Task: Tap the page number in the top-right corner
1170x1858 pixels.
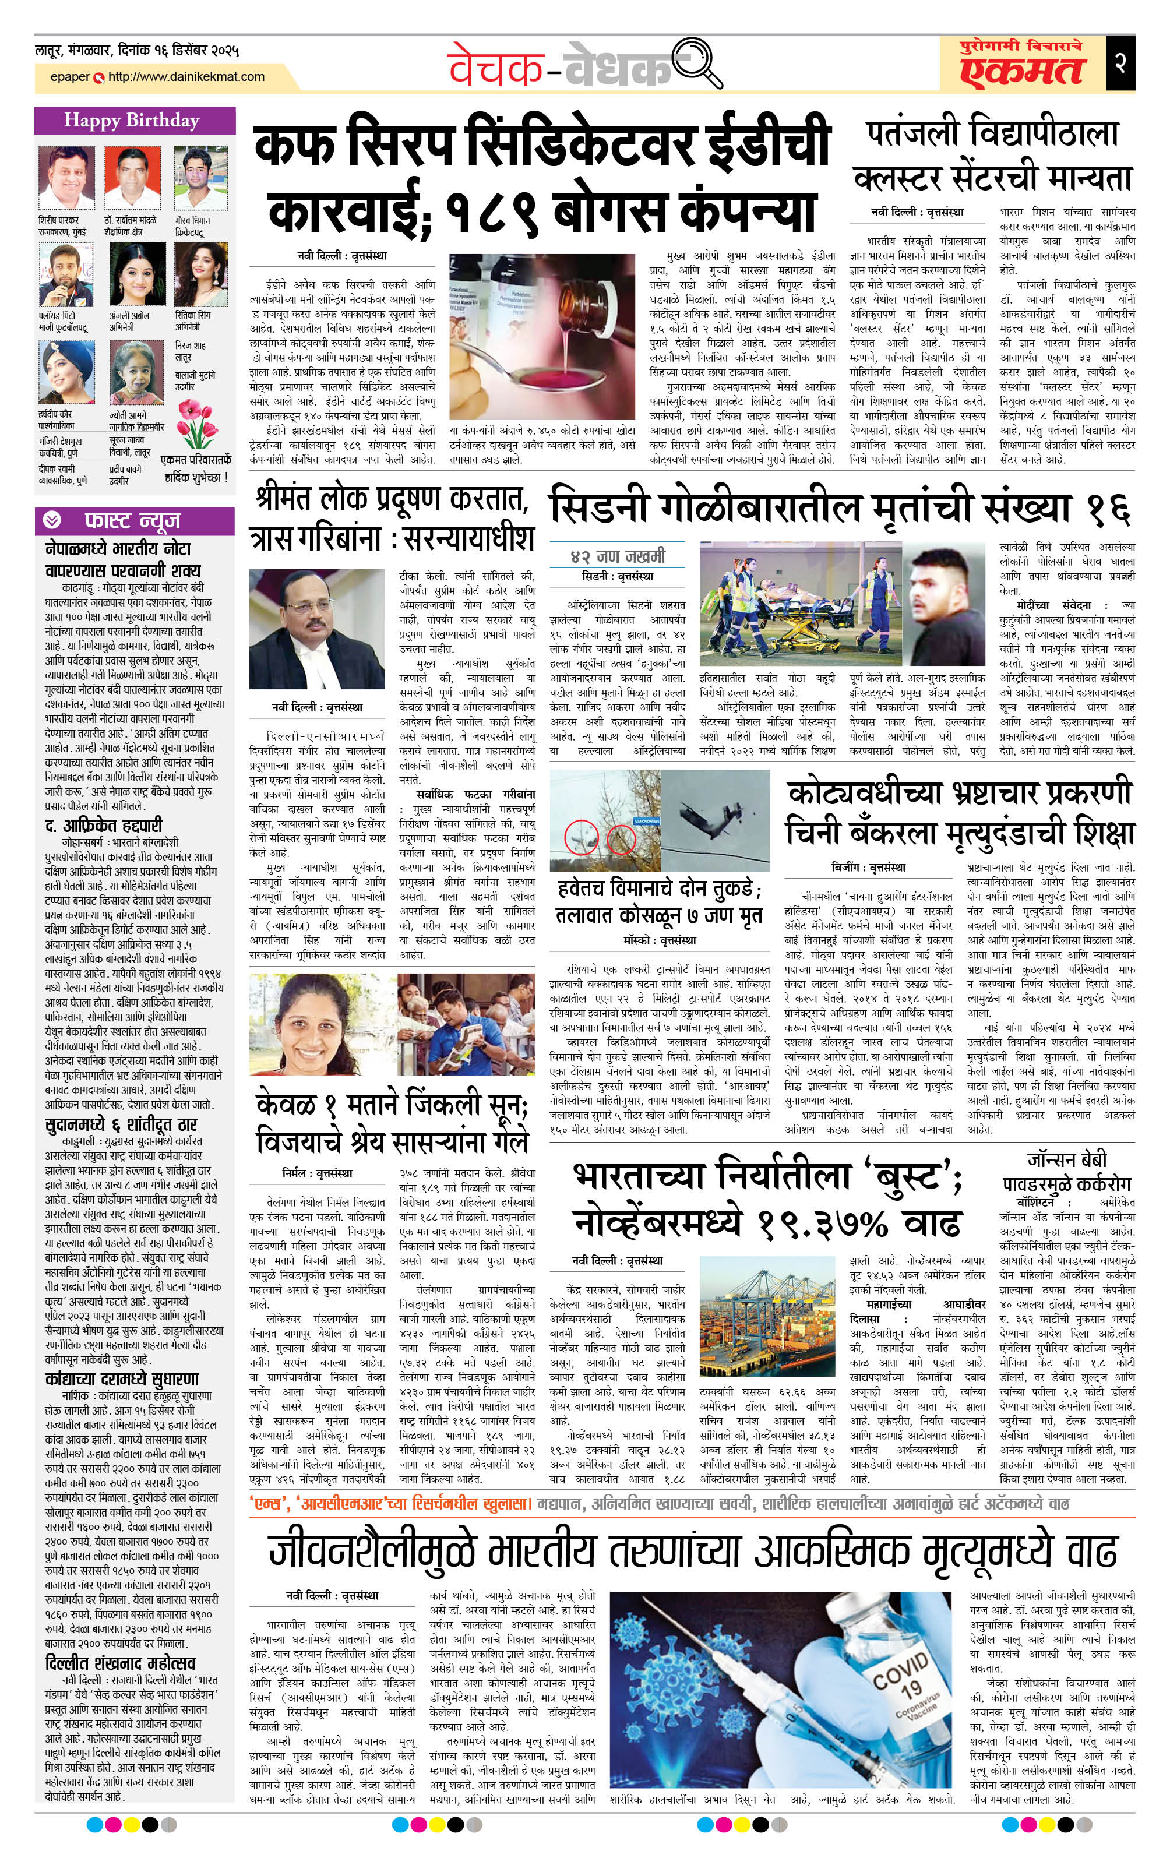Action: [x=1120, y=62]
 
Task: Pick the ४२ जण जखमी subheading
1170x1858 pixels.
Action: [x=618, y=556]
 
